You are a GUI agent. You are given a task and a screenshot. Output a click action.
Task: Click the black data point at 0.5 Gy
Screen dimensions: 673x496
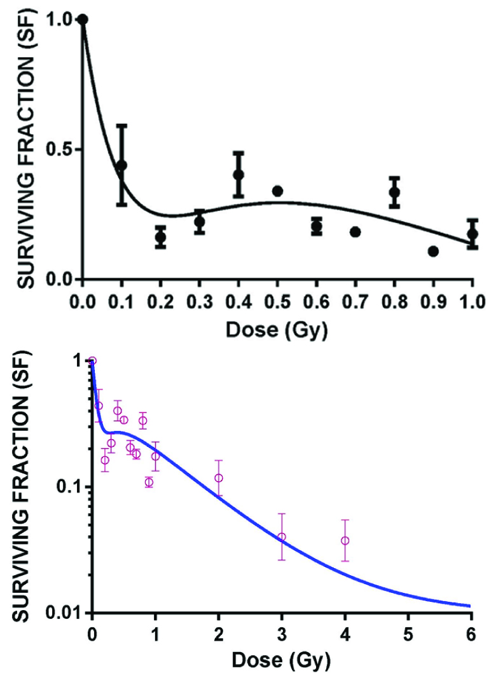tap(277, 191)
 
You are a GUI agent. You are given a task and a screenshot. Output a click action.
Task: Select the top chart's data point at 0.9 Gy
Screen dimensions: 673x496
tap(433, 251)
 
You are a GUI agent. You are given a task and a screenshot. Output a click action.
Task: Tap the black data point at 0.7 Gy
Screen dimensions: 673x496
tap(355, 232)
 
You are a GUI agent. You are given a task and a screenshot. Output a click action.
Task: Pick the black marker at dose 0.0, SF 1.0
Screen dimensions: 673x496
tap(82, 19)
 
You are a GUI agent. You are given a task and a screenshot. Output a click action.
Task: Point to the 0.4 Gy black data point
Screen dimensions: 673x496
tap(238, 174)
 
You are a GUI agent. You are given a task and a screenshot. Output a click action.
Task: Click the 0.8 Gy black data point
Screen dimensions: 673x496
tap(394, 192)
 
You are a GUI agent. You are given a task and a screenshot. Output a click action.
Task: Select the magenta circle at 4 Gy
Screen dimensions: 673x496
tap(345, 541)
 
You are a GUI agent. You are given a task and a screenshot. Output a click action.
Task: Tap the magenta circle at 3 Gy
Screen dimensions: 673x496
tap(282, 537)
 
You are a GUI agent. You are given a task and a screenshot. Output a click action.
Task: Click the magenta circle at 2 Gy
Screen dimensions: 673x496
tap(219, 478)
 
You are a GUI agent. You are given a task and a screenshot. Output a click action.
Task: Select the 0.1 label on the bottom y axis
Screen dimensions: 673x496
tap(67, 487)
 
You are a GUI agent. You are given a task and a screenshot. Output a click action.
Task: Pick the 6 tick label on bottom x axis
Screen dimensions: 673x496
tap(471, 635)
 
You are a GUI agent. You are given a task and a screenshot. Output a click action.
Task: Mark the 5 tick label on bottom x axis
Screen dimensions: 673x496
tap(408, 635)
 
